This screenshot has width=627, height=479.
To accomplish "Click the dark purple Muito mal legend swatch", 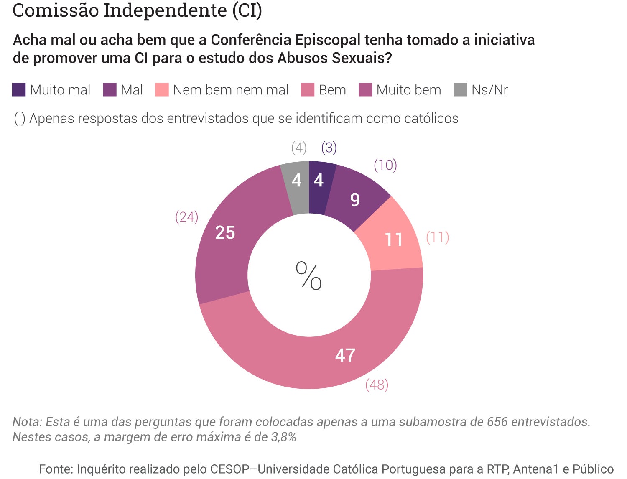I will pos(19,90).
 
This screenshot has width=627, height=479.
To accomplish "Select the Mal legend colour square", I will pos(110,90).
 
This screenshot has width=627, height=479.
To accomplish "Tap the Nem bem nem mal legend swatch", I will pos(162,90).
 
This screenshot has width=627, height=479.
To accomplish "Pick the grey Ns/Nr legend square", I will pos(460,90).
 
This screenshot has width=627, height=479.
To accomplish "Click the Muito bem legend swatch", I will pos(365,90).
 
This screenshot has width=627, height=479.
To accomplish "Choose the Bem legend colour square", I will pos(308,90).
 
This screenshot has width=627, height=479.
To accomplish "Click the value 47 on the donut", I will pos(345,355).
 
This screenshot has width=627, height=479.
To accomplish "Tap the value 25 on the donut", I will pos(225,233).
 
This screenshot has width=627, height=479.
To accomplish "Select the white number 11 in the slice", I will pos(393,240).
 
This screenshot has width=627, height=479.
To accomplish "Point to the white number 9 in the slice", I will pos(355,200).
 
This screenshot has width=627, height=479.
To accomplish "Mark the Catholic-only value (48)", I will pos(377,385).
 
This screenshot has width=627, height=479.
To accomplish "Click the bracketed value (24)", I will pos(186,217).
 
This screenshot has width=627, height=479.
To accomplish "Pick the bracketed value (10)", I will pos(385,165).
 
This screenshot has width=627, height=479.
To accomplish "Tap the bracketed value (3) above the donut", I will pos(329,148).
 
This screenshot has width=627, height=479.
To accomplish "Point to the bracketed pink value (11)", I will pos(437,237).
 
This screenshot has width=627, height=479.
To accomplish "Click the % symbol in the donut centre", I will pos(309,275).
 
